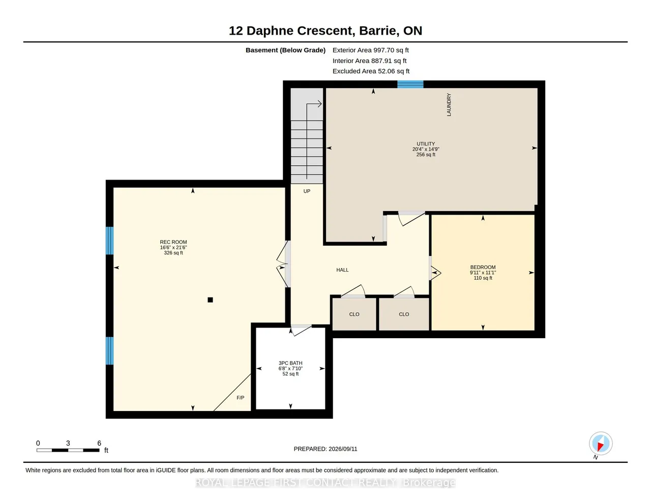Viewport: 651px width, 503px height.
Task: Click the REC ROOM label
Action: tap(173, 242)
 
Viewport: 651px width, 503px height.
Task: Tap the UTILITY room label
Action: tap(425, 144)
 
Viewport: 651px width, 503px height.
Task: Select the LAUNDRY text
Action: tap(449, 105)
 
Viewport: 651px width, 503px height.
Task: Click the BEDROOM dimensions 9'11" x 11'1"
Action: tap(483, 273)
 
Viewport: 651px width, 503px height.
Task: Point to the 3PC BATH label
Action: tap(290, 363)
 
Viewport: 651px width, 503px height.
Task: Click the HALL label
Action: tap(342, 270)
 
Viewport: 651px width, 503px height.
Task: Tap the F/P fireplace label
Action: tap(240, 398)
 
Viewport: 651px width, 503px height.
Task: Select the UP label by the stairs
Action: tap(307, 191)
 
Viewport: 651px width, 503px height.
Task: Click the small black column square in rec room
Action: tap(210, 300)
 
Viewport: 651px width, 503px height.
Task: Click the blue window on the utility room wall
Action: tap(410, 84)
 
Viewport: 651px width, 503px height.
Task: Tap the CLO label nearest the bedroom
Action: tap(403, 314)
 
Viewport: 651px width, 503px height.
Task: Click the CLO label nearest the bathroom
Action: tap(354, 314)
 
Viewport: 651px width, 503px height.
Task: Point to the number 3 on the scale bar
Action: tap(68, 443)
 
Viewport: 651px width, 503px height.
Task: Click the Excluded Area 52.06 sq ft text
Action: tap(371, 71)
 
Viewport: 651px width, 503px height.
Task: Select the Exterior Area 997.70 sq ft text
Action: tap(371, 50)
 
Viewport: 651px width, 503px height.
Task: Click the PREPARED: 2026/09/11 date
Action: tap(325, 449)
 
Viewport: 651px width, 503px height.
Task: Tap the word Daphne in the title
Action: tap(270, 31)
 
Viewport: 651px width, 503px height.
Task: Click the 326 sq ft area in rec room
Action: tap(173, 253)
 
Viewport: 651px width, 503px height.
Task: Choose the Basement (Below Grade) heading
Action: tap(285, 50)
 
